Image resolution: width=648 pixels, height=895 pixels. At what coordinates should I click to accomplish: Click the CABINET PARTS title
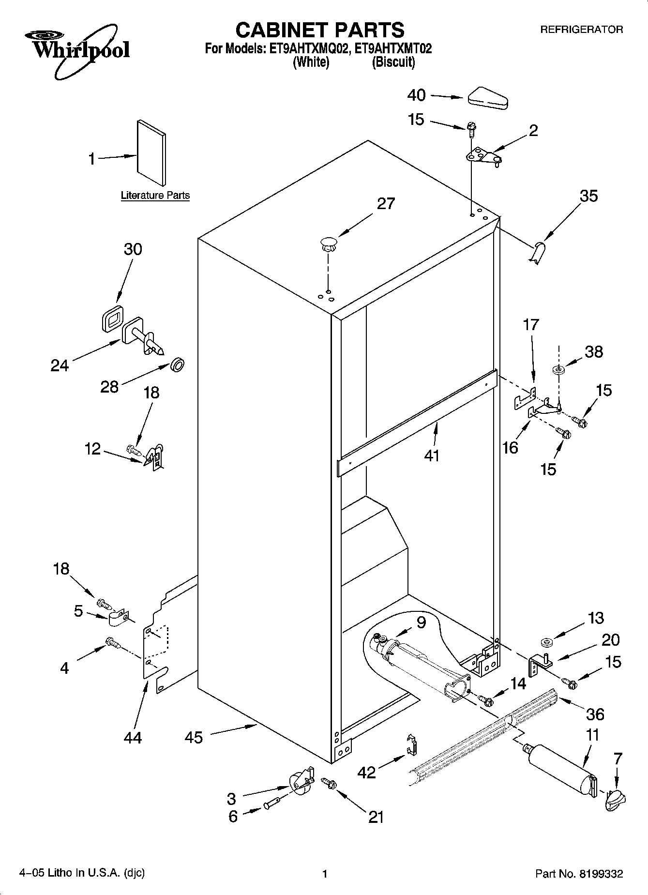click(320, 30)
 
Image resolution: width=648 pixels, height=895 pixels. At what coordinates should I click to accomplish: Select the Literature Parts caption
click(155, 196)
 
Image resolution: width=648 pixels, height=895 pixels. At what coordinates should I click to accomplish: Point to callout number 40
click(416, 95)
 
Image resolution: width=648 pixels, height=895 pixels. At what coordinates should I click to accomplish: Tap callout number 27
click(386, 204)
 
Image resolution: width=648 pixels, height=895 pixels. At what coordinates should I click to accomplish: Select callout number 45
click(194, 738)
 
